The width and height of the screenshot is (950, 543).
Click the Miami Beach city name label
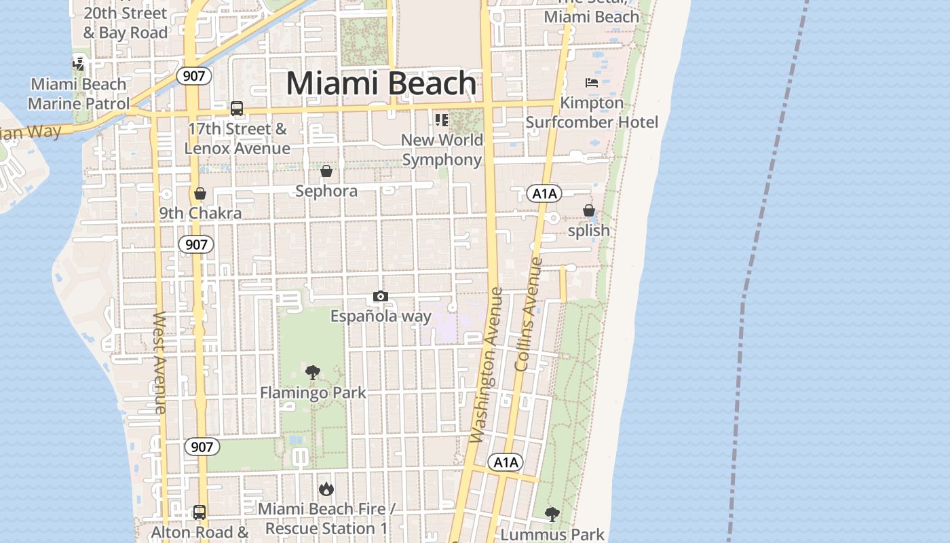[381, 83]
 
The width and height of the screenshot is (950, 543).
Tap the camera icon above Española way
[381, 297]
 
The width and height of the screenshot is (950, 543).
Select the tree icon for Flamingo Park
[313, 372]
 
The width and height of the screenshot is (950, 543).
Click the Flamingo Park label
[313, 392]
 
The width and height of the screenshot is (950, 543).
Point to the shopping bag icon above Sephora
[326, 171]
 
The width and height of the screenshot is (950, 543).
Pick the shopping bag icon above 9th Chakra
[200, 194]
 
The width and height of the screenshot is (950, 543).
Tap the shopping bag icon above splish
[589, 210]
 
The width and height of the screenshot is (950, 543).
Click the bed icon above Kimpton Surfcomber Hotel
[592, 83]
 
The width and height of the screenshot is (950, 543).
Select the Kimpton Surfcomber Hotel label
[592, 113]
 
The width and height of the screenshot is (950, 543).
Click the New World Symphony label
[442, 150]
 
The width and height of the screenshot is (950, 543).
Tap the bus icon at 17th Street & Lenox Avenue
[237, 109]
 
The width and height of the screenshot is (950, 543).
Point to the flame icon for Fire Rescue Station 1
[326, 489]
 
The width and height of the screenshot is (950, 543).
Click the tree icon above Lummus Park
[552, 514]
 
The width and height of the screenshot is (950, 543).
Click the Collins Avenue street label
[530, 314]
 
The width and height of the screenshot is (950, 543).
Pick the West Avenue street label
[160, 362]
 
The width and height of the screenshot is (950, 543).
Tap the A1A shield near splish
[544, 194]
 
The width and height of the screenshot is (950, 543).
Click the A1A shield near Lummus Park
[506, 463]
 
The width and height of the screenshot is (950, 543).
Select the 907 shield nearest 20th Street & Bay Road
[194, 76]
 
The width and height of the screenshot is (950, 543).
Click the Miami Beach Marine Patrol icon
[79, 64]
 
